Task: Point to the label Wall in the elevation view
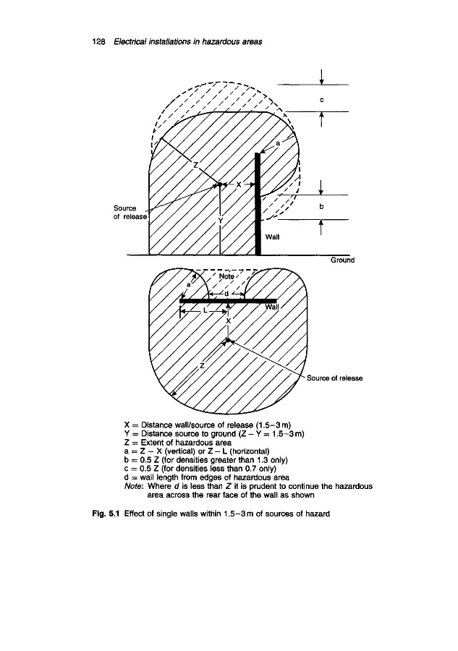273,237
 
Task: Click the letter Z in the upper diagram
195,166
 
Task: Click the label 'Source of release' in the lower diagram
334,378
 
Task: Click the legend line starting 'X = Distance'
207,422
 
